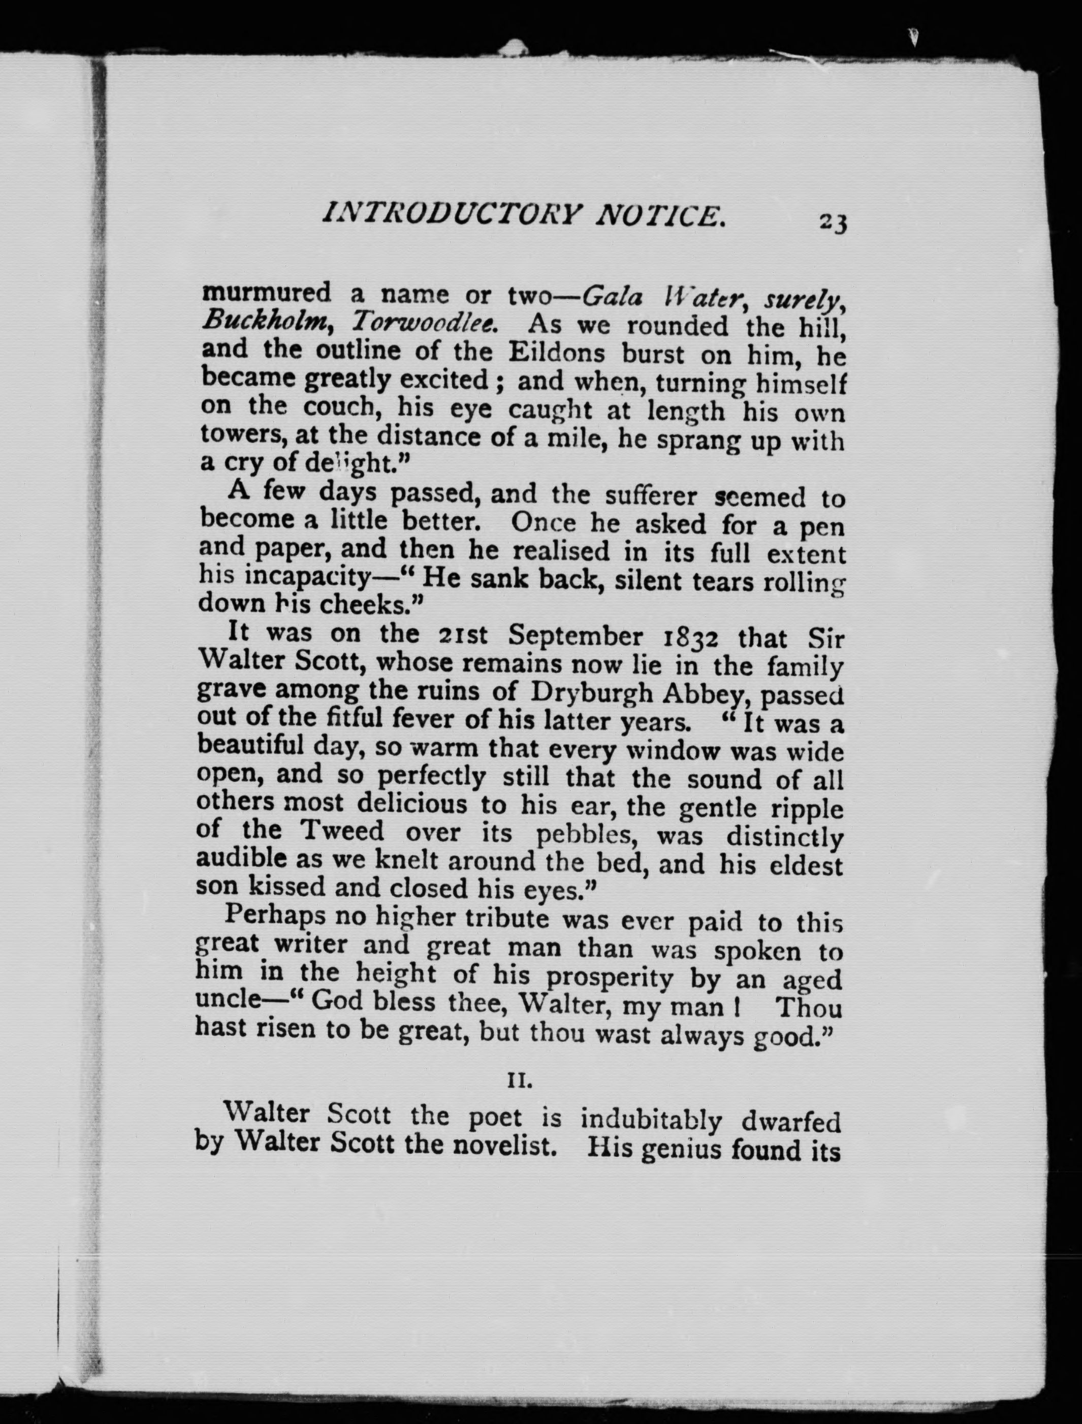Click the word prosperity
(x=609, y=979)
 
